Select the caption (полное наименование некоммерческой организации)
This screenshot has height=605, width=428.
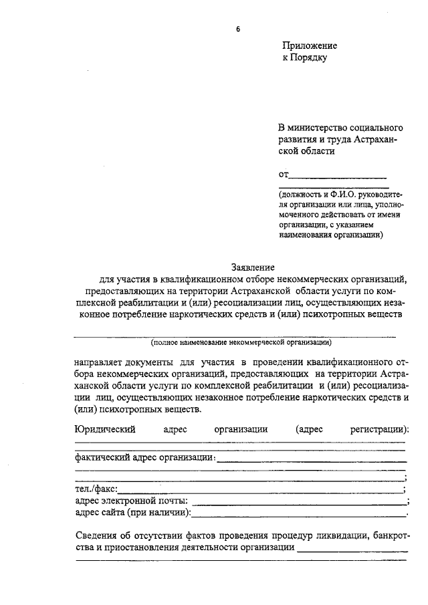241,342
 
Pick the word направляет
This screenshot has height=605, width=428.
100,362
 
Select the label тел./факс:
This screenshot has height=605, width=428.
96,490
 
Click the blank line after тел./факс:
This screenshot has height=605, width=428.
261,491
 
